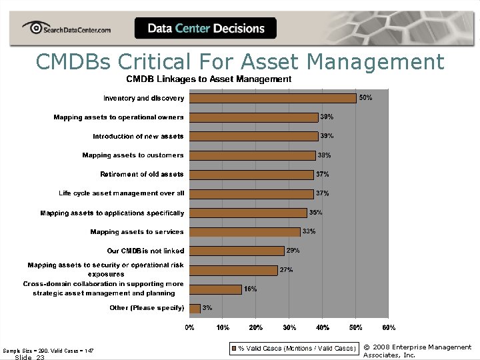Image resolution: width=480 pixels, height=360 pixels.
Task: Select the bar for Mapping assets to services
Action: click(x=245, y=232)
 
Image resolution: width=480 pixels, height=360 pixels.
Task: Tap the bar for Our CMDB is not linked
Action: click(x=237, y=251)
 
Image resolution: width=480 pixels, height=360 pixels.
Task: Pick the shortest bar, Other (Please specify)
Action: click(x=195, y=308)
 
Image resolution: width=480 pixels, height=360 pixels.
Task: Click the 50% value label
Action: click(x=366, y=98)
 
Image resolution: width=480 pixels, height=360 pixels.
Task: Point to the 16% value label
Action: click(x=250, y=289)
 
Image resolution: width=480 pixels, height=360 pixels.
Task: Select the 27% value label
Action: click(x=287, y=270)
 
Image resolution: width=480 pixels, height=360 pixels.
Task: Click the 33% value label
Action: click(x=309, y=232)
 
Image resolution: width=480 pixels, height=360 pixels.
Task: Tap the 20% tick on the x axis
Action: click(x=256, y=328)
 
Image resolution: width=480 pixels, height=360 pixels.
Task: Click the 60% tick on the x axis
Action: click(x=389, y=328)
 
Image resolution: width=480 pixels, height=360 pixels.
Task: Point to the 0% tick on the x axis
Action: click(x=190, y=328)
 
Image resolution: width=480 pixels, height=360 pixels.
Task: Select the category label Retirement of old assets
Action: click(x=142, y=175)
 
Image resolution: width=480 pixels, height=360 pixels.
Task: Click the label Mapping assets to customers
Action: click(x=133, y=155)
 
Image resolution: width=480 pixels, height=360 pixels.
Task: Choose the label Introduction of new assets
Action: click(x=139, y=136)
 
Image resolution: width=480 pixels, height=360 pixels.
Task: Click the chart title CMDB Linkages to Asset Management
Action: click(x=209, y=79)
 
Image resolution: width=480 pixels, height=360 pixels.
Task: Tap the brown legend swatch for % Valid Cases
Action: click(x=233, y=348)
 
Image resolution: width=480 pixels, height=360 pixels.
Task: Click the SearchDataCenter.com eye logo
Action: click(x=31, y=28)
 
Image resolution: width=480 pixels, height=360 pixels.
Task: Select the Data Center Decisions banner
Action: click(x=205, y=29)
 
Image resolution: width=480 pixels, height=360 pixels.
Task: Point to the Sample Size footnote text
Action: click(x=48, y=350)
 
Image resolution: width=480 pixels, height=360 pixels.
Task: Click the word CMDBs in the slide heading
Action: click(x=74, y=62)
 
